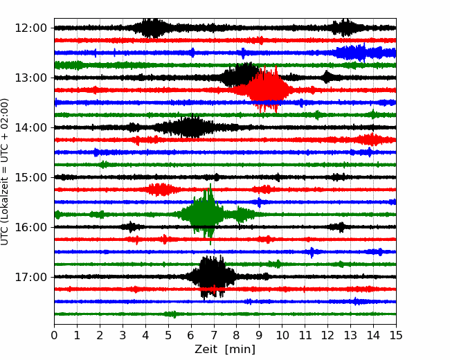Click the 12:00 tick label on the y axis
click(x=30, y=28)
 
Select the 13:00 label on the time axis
click(x=30, y=78)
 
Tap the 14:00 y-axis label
click(x=30, y=127)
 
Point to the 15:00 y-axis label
click(x=30, y=177)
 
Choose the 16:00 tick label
click(x=30, y=227)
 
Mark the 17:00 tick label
click(x=30, y=277)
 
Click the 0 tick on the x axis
click(x=54, y=335)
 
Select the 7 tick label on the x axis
click(x=214, y=335)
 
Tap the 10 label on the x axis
click(x=282, y=335)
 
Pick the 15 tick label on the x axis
click(x=396, y=335)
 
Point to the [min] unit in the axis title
click(x=240, y=350)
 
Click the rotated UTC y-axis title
click(x=4, y=172)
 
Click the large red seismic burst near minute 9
click(x=265, y=89)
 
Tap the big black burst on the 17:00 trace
click(x=213, y=276)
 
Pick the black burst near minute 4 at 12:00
click(x=151, y=28)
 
